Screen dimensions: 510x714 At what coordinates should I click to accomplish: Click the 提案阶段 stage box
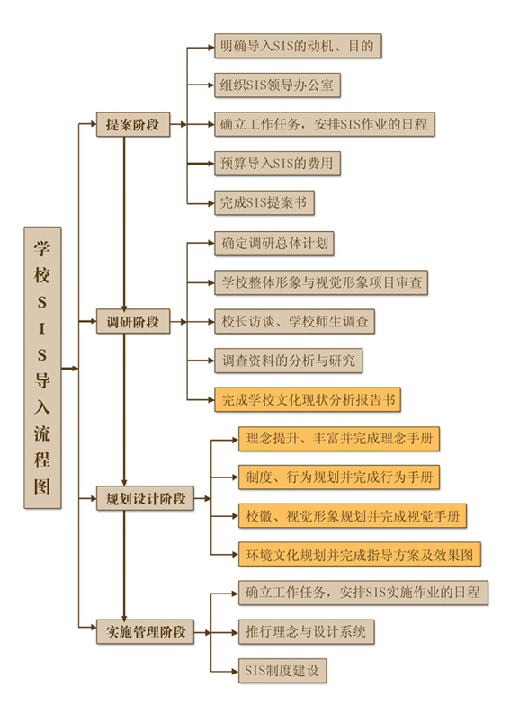click(x=133, y=124)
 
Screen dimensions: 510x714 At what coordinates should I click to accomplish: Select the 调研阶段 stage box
click(x=133, y=322)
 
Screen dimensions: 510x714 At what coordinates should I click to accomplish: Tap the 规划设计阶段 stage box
click(x=145, y=498)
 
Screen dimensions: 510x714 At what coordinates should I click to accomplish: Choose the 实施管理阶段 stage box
click(x=145, y=631)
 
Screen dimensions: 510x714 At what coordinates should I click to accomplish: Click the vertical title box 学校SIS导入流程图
click(x=42, y=368)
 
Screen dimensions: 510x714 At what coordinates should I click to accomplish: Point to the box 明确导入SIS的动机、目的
click(x=298, y=46)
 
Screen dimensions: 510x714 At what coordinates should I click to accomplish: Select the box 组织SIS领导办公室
click(x=277, y=85)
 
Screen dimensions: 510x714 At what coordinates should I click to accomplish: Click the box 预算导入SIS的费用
click(x=277, y=164)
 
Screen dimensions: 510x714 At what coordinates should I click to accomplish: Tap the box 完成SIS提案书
click(x=264, y=202)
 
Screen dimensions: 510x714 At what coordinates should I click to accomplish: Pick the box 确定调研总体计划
click(x=274, y=244)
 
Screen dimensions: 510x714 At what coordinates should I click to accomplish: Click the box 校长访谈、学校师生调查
click(x=295, y=322)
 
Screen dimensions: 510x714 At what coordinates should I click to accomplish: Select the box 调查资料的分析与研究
click(x=288, y=361)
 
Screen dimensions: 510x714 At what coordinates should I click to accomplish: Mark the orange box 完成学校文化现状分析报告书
click(x=308, y=400)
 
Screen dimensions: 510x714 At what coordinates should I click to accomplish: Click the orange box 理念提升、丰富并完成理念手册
click(x=339, y=439)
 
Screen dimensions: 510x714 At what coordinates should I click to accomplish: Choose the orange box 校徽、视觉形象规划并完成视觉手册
click(x=353, y=516)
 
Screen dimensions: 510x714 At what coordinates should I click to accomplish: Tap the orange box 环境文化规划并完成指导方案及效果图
click(x=360, y=555)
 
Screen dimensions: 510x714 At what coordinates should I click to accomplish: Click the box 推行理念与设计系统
click(x=306, y=631)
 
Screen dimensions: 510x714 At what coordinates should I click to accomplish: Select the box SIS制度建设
click(x=282, y=671)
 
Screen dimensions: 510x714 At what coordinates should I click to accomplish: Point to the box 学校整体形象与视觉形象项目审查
click(x=321, y=282)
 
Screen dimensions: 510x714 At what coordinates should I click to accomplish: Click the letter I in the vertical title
click(x=42, y=329)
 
